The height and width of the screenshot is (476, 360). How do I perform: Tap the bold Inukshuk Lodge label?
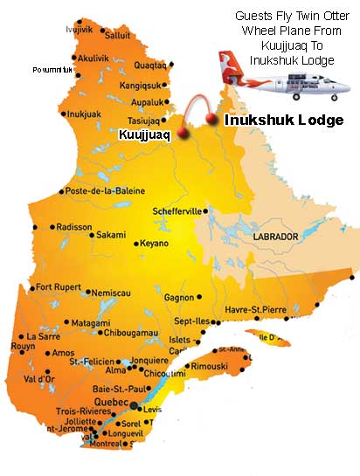point(284,121)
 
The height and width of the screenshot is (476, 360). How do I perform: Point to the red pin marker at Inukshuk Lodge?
point(211,118)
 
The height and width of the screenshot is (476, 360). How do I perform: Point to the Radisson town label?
point(74,226)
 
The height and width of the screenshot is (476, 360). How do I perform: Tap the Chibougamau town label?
point(129,333)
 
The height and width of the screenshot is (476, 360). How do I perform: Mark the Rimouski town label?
point(210,366)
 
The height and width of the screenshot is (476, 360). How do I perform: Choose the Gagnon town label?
point(179,298)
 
